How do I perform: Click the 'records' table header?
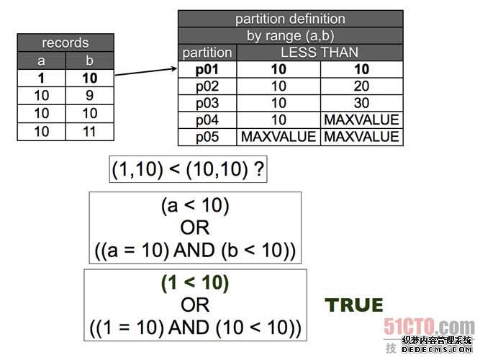[x=65, y=42]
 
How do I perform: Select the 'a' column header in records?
[x=41, y=60]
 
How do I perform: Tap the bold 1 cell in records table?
[x=41, y=78]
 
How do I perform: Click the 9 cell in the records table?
[x=89, y=95]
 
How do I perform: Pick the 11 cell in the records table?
[x=89, y=131]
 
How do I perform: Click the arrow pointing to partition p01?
[x=146, y=72]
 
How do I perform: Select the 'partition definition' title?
[x=290, y=19]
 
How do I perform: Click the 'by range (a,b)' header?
[x=290, y=36]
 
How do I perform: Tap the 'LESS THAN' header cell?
[x=320, y=53]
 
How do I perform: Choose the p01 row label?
[x=208, y=70]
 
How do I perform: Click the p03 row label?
[x=208, y=103]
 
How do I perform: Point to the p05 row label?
[x=208, y=136]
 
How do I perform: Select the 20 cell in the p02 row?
[x=361, y=86]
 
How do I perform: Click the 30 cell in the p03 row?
[x=361, y=103]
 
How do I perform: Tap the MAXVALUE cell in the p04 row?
[x=361, y=120]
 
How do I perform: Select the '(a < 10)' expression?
[x=195, y=207]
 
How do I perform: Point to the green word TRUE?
[x=354, y=305]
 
